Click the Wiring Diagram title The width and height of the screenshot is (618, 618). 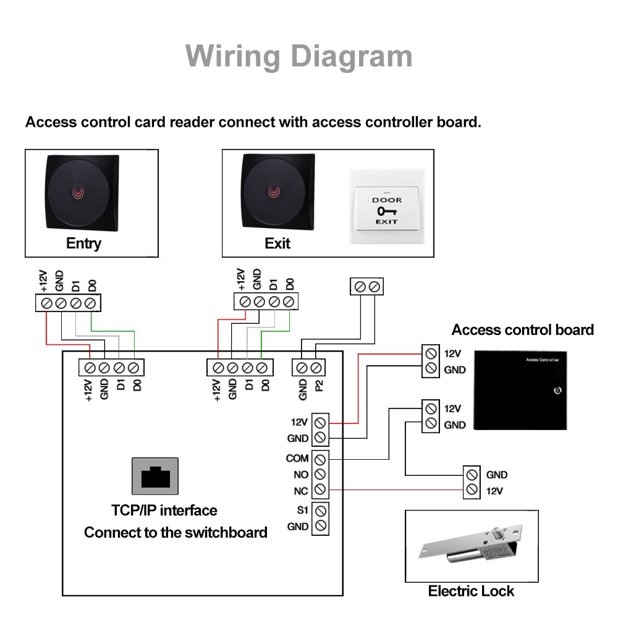tap(299, 56)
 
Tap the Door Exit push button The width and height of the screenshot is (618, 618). tap(386, 206)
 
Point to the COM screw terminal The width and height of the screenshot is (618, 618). tap(320, 459)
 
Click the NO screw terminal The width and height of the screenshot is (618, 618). tap(320, 475)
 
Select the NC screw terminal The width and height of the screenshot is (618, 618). tap(320, 490)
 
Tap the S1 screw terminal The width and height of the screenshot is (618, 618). tap(320, 511)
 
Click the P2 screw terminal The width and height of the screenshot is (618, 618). tap(316, 368)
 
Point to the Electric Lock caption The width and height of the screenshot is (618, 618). tap(471, 591)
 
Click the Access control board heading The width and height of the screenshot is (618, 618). tap(522, 329)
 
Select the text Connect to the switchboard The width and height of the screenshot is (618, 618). tap(176, 533)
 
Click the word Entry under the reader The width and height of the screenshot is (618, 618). tap(83, 243)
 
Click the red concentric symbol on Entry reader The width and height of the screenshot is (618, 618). tap(78, 192)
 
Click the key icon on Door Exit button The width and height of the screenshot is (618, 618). tap(386, 211)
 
